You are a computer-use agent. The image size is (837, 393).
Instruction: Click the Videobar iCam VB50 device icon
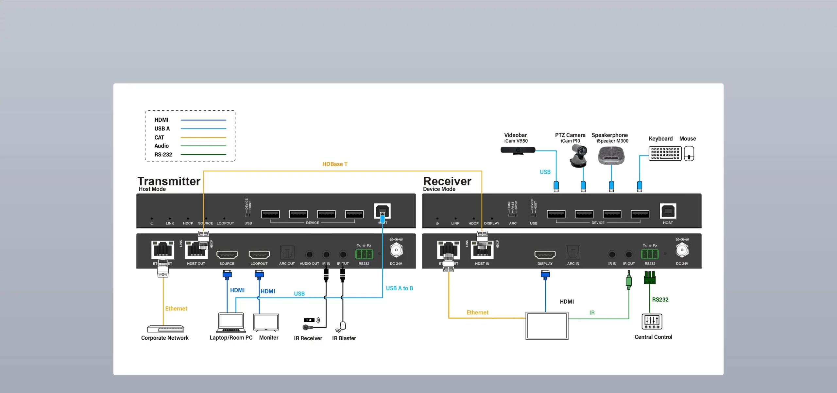point(518,150)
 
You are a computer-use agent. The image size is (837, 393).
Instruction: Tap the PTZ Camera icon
point(578,156)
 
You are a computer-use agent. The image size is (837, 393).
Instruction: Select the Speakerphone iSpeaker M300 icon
point(611,155)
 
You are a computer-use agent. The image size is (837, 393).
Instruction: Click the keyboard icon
point(665,153)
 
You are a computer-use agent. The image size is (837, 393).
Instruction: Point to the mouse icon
point(689,153)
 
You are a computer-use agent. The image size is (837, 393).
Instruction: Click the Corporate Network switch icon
point(165,329)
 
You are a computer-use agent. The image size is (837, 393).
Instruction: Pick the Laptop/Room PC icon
point(231,323)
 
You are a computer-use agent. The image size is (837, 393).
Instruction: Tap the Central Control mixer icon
point(652,321)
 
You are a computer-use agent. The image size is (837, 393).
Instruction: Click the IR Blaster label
point(344,338)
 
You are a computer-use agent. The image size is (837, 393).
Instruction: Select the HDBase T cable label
point(334,164)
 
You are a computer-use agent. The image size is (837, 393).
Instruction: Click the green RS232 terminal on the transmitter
point(364,254)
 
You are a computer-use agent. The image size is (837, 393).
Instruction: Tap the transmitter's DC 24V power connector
point(396,250)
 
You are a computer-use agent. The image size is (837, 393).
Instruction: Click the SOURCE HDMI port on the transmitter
point(227,254)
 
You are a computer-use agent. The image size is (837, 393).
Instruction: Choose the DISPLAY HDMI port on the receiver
point(545,254)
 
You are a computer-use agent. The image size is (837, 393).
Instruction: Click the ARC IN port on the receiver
point(573,253)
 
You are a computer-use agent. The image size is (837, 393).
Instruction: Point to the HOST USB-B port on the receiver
point(668,211)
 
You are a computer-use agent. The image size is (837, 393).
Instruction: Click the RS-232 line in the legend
point(203,154)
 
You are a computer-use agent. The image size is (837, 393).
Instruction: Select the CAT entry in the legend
point(159,137)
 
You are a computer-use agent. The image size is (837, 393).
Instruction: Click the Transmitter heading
point(169,181)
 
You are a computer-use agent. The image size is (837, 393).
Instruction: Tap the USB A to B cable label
point(399,288)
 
